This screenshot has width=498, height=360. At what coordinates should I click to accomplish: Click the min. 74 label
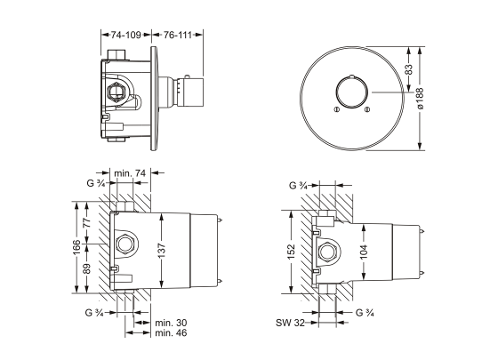(131, 172)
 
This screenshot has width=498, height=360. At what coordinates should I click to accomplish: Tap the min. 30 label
(169, 323)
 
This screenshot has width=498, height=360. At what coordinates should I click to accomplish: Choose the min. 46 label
(169, 333)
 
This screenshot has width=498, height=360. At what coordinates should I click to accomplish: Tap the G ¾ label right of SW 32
(365, 314)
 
